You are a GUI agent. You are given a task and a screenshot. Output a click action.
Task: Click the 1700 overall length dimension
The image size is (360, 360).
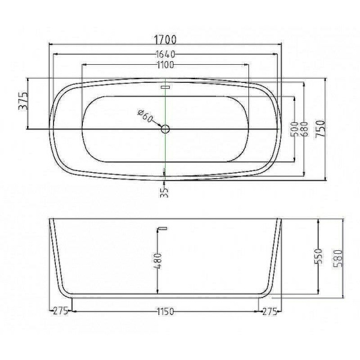tap(165, 40)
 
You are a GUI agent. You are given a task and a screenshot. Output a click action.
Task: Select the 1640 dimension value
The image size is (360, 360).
tap(166, 55)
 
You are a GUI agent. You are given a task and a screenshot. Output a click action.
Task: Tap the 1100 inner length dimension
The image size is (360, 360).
tap(166, 65)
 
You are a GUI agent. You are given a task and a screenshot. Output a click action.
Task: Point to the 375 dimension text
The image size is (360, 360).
tap(23, 101)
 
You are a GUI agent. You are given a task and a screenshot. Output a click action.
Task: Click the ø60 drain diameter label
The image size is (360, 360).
tap(146, 116)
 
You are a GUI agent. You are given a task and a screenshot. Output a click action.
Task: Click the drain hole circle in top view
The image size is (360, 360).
tap(166, 129)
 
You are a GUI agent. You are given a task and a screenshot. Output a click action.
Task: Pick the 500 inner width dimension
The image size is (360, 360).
tap(295, 129)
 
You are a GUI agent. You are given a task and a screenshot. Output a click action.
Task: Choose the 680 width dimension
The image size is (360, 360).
tap(304, 129)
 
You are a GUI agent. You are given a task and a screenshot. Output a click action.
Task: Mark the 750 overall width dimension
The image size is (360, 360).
tap(320, 129)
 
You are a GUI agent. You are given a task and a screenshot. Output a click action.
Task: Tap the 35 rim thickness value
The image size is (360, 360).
tap(164, 192)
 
